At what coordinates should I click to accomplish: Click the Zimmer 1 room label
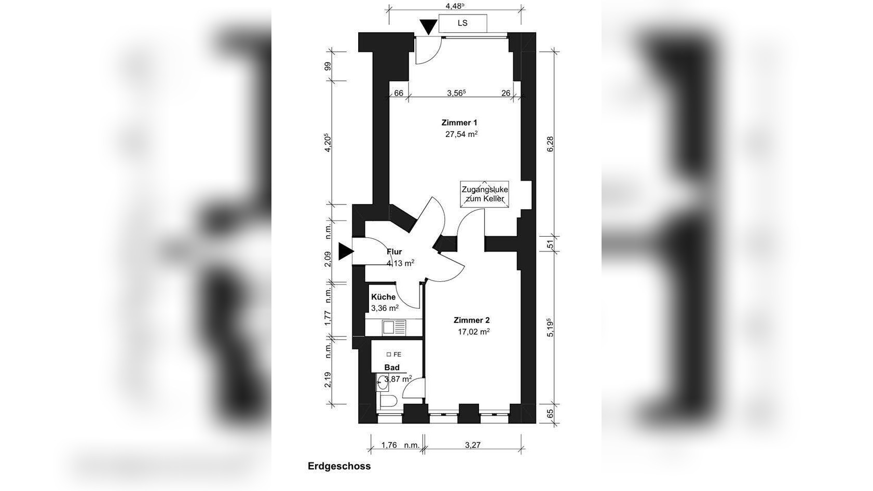[x=459, y=122]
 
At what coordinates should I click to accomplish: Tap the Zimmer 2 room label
[x=472, y=320]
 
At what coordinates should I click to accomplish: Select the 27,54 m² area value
[x=462, y=134]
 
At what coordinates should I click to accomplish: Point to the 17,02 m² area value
[x=474, y=332]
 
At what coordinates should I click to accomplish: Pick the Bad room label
[x=392, y=367]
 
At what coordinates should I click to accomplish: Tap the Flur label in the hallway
[x=394, y=252]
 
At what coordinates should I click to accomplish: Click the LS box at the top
[x=462, y=23]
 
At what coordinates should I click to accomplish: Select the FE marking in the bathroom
[x=393, y=354]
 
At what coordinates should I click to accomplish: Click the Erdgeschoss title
[x=339, y=466]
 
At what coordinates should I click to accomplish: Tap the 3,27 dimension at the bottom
[x=473, y=445]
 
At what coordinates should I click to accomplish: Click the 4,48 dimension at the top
[x=455, y=6]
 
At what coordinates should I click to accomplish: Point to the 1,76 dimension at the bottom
[x=389, y=445]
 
